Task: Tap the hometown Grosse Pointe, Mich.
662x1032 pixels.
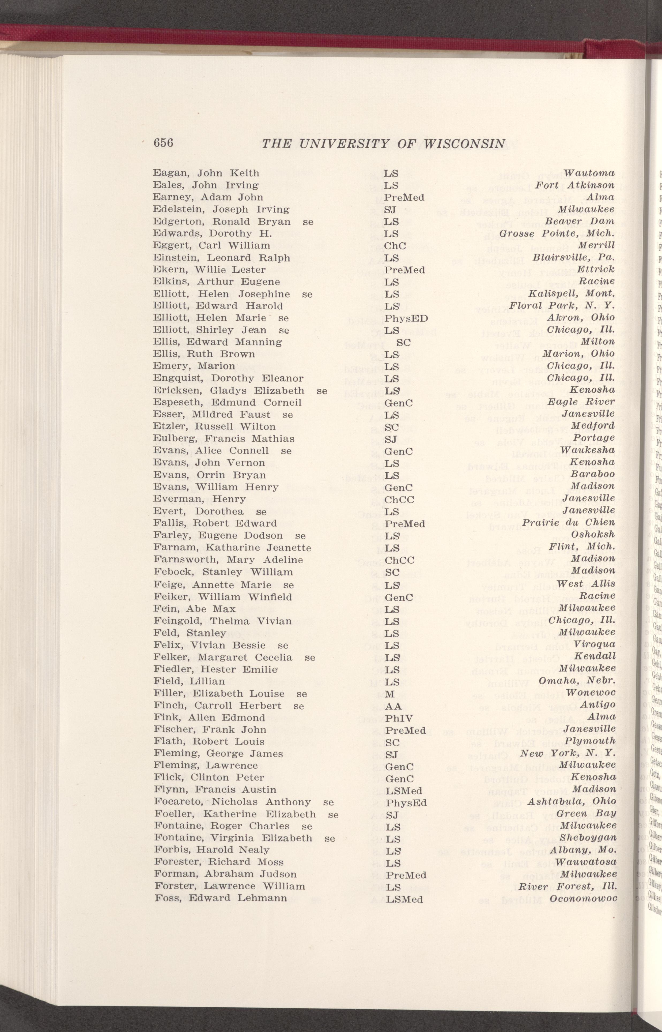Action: pos(573,234)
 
